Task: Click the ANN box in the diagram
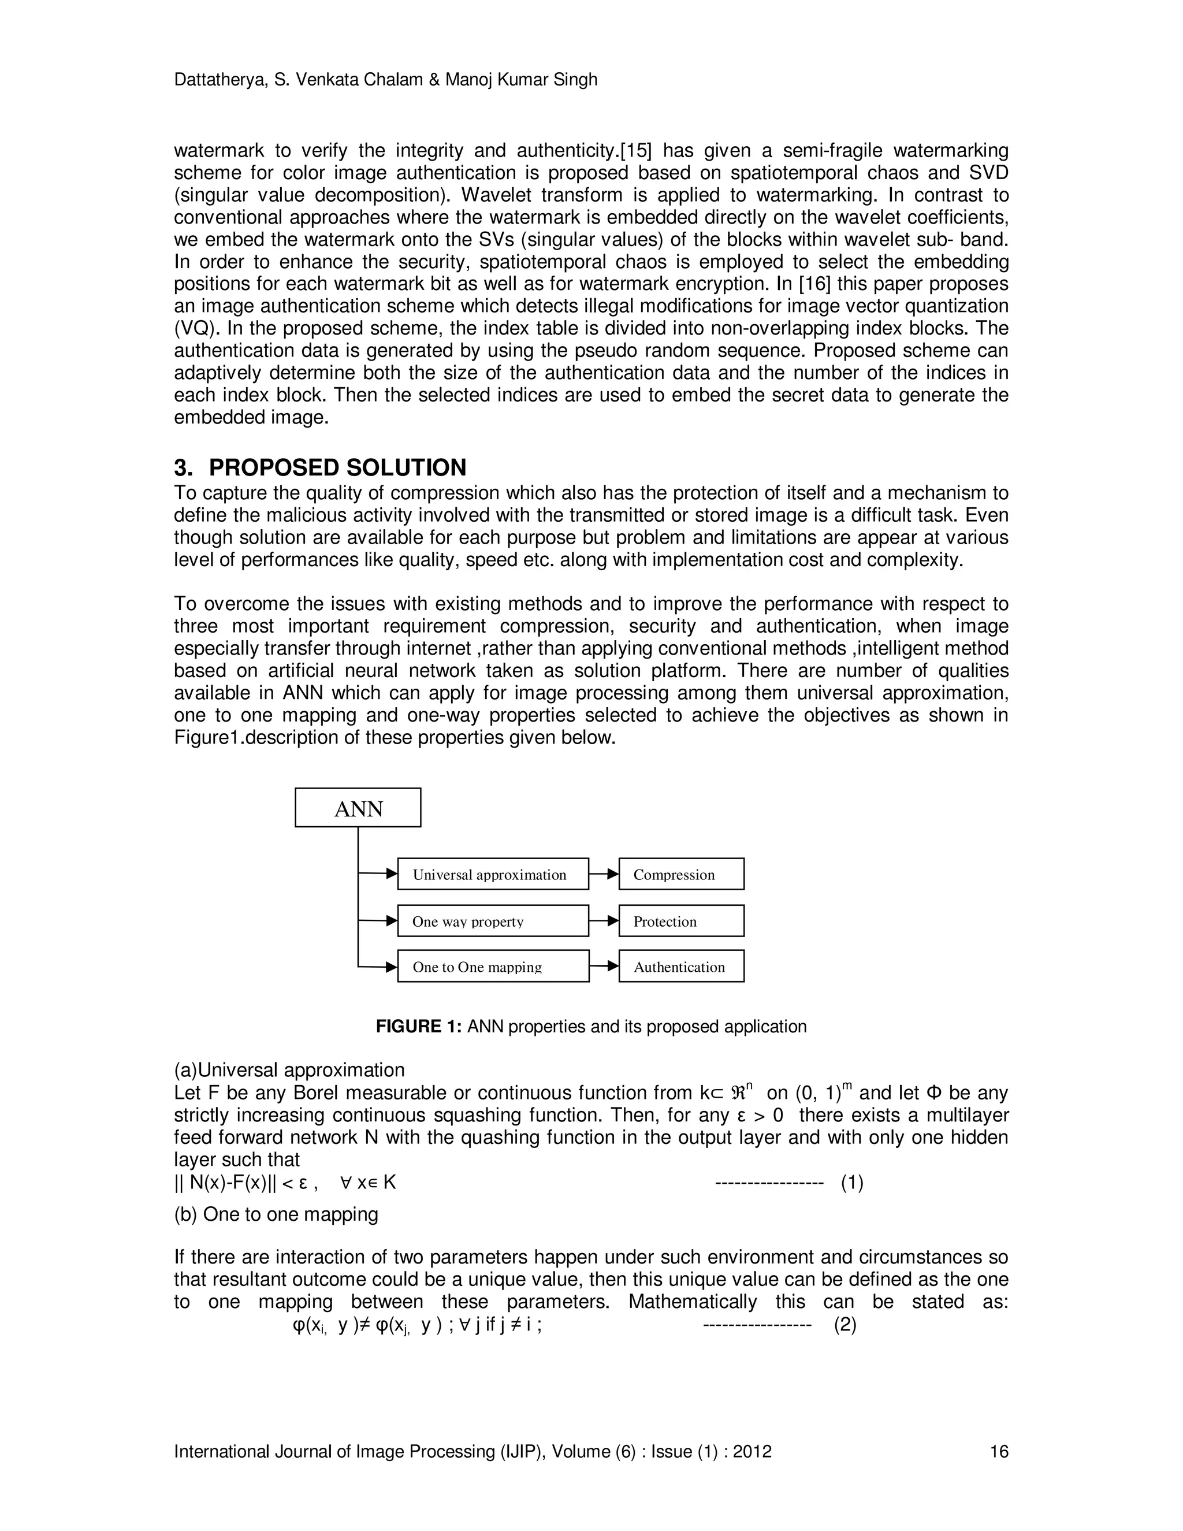pos(358,808)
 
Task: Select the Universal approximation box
pos(493,874)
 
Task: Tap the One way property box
pos(493,920)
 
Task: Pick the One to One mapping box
pos(493,966)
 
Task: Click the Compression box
pos(680,874)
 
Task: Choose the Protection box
pos(680,920)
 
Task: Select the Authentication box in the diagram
pos(680,966)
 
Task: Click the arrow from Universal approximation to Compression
pos(604,874)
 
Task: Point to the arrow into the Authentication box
pos(604,966)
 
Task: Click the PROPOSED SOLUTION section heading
pos(337,467)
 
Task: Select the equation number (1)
pos(851,1183)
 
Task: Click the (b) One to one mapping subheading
pos(276,1214)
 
